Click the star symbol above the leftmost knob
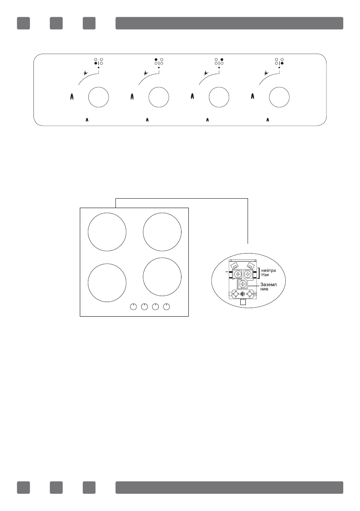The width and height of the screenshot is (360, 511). (x=86, y=73)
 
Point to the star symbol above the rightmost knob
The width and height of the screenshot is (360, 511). (x=266, y=73)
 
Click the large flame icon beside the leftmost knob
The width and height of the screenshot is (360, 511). (x=72, y=97)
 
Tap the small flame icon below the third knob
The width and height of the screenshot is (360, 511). (x=208, y=120)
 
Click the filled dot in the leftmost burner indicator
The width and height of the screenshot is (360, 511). (x=96, y=63)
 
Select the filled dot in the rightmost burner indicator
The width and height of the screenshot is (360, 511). (x=282, y=63)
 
